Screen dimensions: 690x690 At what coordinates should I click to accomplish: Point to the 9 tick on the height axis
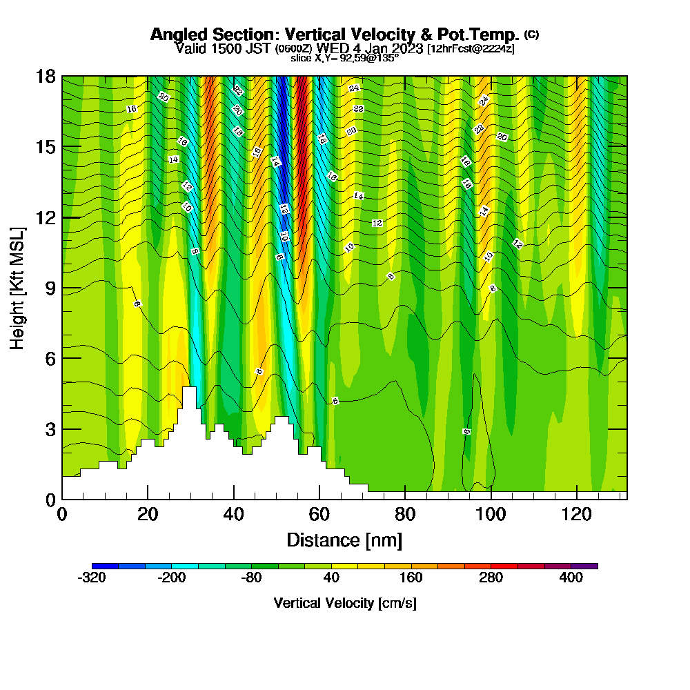coord(50,288)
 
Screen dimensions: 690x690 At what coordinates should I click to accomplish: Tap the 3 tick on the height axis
coord(50,428)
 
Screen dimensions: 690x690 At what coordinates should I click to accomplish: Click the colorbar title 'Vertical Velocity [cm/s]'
coord(344,603)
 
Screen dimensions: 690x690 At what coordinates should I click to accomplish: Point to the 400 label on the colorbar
coord(571,578)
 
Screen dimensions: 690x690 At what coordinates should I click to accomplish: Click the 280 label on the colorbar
coord(491,578)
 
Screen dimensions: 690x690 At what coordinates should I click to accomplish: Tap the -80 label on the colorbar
coord(251,578)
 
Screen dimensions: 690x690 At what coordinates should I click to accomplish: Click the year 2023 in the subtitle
coord(407,48)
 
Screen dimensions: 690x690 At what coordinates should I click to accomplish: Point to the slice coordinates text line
coord(344,58)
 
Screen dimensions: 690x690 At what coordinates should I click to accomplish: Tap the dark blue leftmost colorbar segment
coord(105,566)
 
